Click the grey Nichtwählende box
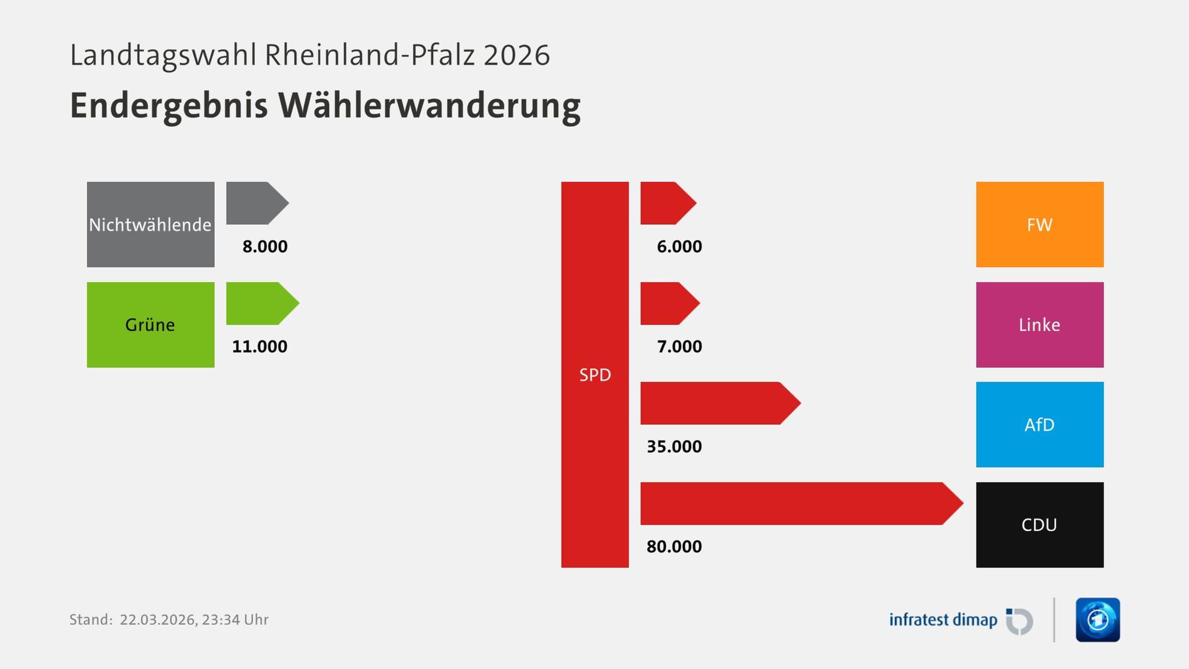coord(150,224)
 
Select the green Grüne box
coord(150,325)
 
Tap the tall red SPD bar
coord(594,374)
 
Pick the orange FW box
coord(1040,224)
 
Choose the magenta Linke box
coord(1040,325)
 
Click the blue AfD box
coord(1040,424)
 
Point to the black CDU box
coord(1040,525)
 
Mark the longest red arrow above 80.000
coord(799,504)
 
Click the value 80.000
coord(674,546)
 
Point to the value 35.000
coord(674,447)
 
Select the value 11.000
coord(259,346)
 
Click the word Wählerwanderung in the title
coord(429,105)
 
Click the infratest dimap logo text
coord(943,620)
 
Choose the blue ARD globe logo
coord(1097,619)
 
